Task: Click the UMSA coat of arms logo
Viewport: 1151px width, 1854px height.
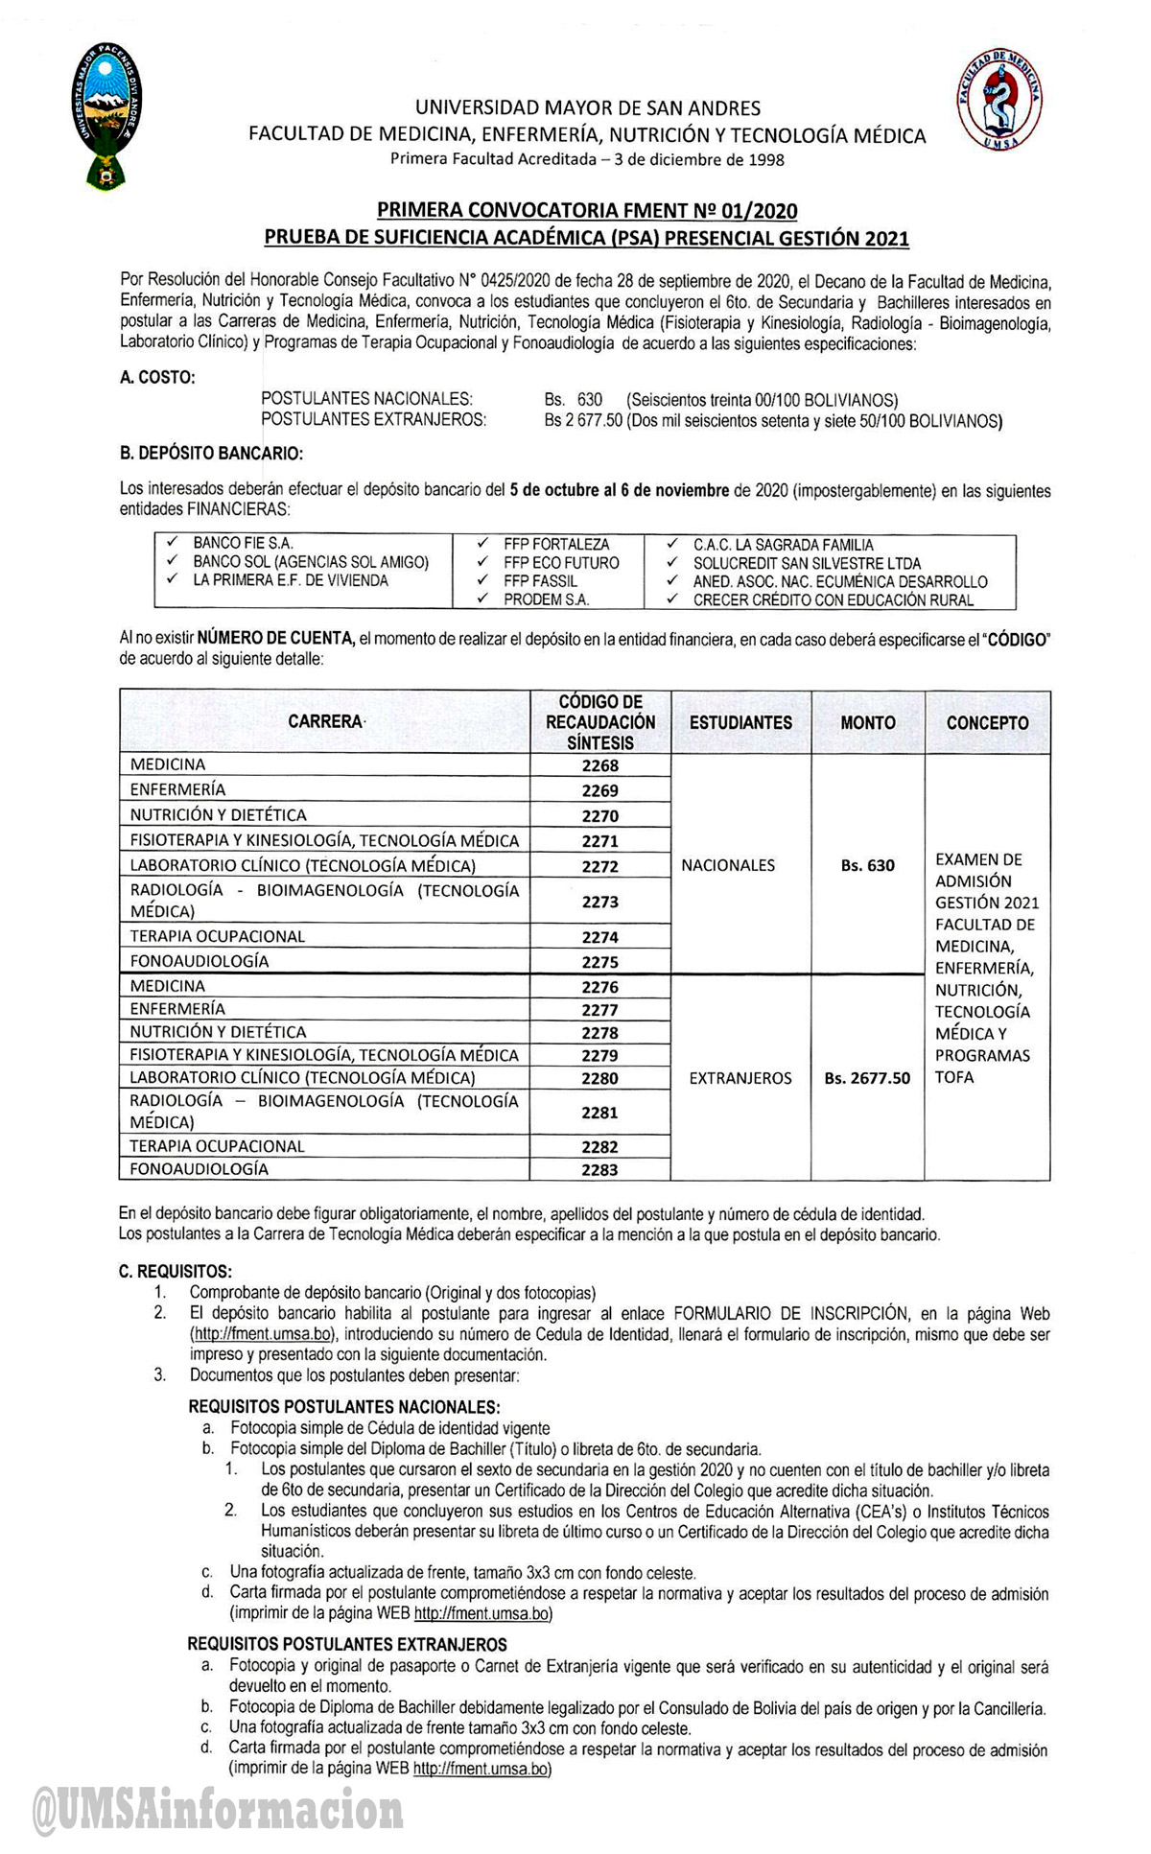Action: point(108,115)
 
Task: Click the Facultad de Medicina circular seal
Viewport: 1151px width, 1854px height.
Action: point(999,102)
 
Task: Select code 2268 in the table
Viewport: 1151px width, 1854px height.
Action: point(600,765)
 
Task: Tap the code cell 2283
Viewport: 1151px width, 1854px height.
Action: point(600,1169)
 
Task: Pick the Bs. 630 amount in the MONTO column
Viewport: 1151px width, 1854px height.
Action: point(867,865)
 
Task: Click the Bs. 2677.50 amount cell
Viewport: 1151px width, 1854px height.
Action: point(867,1078)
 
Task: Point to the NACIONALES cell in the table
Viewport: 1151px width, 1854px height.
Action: point(728,865)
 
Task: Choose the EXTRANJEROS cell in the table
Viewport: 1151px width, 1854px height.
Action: point(740,1078)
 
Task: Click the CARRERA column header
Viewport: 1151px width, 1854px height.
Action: point(325,722)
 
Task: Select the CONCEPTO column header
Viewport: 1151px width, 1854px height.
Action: point(987,723)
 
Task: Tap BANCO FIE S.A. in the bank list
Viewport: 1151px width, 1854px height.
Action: point(243,544)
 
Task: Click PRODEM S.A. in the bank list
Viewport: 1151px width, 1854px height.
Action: point(546,599)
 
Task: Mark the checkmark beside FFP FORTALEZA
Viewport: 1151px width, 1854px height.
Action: point(482,544)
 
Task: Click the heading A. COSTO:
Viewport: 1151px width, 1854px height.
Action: point(157,378)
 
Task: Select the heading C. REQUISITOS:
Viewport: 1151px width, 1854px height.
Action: point(176,1272)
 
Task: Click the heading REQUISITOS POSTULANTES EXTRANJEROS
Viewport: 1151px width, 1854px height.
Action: point(347,1645)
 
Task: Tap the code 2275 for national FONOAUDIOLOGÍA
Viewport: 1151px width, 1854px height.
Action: point(600,962)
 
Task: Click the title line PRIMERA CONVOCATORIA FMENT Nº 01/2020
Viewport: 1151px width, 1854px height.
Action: point(587,210)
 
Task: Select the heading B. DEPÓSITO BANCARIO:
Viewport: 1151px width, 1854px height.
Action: point(211,453)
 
